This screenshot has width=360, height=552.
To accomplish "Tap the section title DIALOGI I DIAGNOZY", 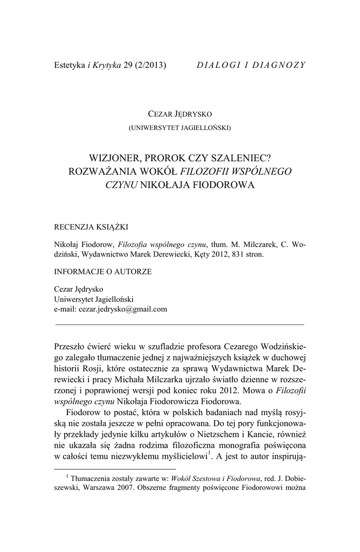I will [x=251, y=65].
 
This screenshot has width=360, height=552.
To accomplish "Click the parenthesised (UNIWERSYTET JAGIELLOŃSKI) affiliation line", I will [x=179, y=128].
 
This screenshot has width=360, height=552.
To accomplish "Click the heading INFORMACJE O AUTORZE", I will [x=103, y=272].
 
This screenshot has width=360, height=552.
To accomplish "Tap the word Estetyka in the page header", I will [x=70, y=65].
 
